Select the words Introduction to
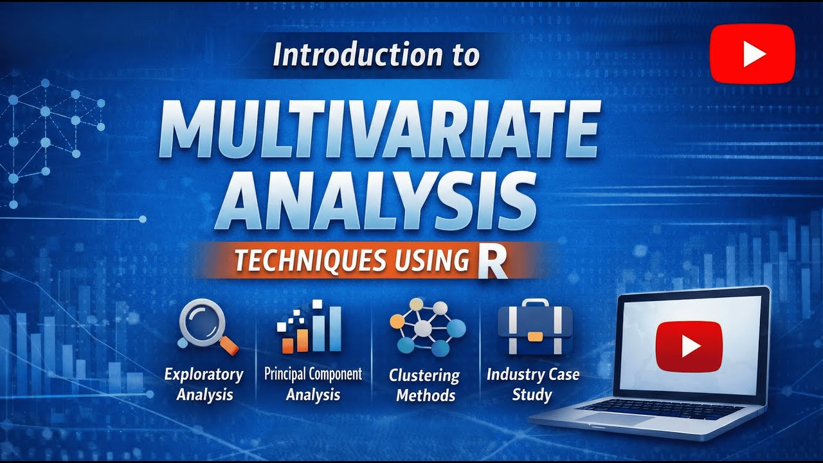tap(376, 55)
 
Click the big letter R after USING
tap(493, 262)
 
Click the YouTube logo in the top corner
tap(752, 54)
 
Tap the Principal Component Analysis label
tap(313, 384)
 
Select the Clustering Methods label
tap(425, 385)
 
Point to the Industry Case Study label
tap(532, 384)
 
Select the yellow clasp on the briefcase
tap(535, 336)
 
